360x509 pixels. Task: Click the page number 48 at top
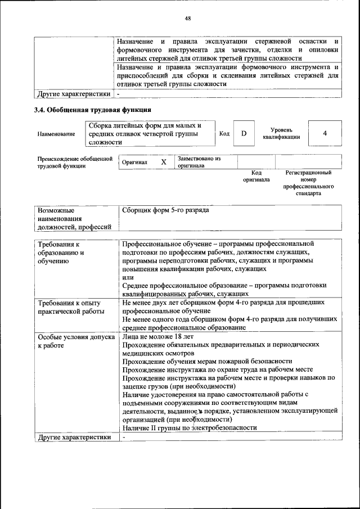(x=188, y=18)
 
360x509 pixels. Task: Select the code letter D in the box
(x=244, y=133)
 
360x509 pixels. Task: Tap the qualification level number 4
(x=325, y=133)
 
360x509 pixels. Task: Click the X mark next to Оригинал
(x=164, y=162)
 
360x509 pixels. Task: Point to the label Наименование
(x=56, y=134)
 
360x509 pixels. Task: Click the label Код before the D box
(x=224, y=133)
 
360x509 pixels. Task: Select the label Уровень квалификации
(x=281, y=133)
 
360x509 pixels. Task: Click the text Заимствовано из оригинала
(x=199, y=162)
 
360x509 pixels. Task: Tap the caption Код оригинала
(x=256, y=176)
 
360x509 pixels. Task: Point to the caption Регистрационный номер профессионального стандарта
(x=308, y=183)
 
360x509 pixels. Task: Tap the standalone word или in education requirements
(x=128, y=277)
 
